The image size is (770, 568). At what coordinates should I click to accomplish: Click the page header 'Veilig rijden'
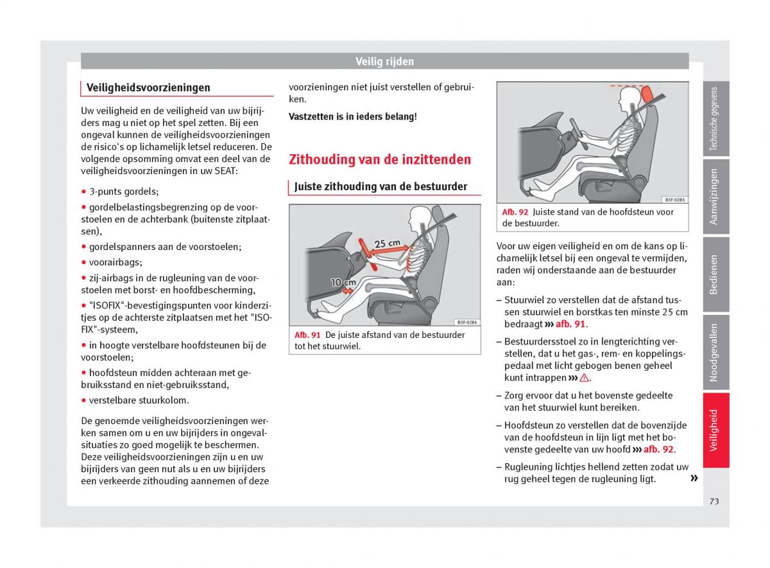[x=384, y=62]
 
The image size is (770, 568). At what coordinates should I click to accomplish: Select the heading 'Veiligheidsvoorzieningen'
[x=148, y=87]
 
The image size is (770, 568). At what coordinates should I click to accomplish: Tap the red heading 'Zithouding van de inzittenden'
[x=380, y=159]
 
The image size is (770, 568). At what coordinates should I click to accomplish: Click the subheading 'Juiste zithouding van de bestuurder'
[x=381, y=187]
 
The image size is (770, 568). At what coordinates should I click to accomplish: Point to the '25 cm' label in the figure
[x=387, y=244]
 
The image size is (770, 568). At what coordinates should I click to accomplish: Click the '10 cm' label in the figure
[x=343, y=282]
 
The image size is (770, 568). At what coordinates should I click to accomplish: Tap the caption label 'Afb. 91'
[x=307, y=335]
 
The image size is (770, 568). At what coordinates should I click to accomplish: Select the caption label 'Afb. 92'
[x=515, y=212]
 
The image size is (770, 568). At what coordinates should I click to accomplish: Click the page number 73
[x=714, y=501]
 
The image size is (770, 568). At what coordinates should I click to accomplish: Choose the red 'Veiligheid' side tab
[x=715, y=430]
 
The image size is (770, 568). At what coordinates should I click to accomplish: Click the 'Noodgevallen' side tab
[x=715, y=352]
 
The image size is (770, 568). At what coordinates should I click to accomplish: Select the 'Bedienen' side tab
[x=715, y=274]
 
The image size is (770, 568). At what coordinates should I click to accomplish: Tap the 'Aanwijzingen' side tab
[x=715, y=197]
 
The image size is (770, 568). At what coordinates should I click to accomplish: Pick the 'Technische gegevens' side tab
[x=715, y=120]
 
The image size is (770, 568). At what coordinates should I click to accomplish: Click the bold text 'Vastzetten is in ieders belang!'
[x=352, y=117]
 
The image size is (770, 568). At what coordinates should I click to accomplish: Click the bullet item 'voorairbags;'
[x=116, y=262]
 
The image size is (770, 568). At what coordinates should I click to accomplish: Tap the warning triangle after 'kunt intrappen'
[x=584, y=378]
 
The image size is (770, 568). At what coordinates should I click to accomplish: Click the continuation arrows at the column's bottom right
[x=694, y=479]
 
